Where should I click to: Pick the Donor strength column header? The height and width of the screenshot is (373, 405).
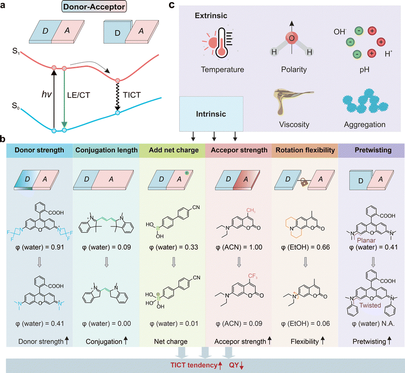coord(37,150)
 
